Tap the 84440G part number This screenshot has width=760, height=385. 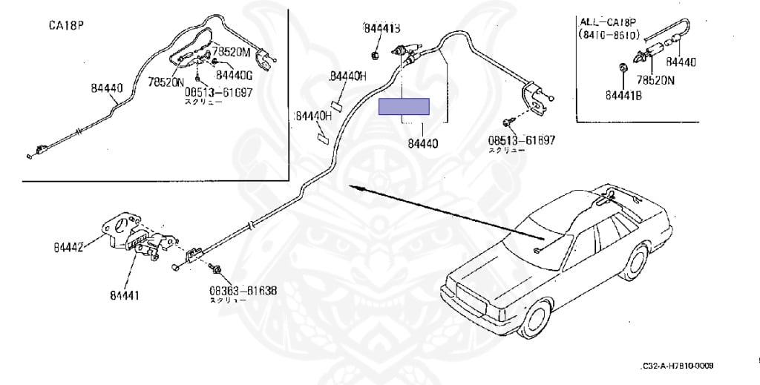coord(235,74)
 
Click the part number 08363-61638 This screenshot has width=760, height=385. coord(243,291)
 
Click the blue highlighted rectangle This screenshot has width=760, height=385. coord(404,108)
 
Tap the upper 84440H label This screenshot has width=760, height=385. coord(348,76)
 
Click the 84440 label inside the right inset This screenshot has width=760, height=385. coord(681,62)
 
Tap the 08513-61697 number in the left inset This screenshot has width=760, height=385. coord(218,93)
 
